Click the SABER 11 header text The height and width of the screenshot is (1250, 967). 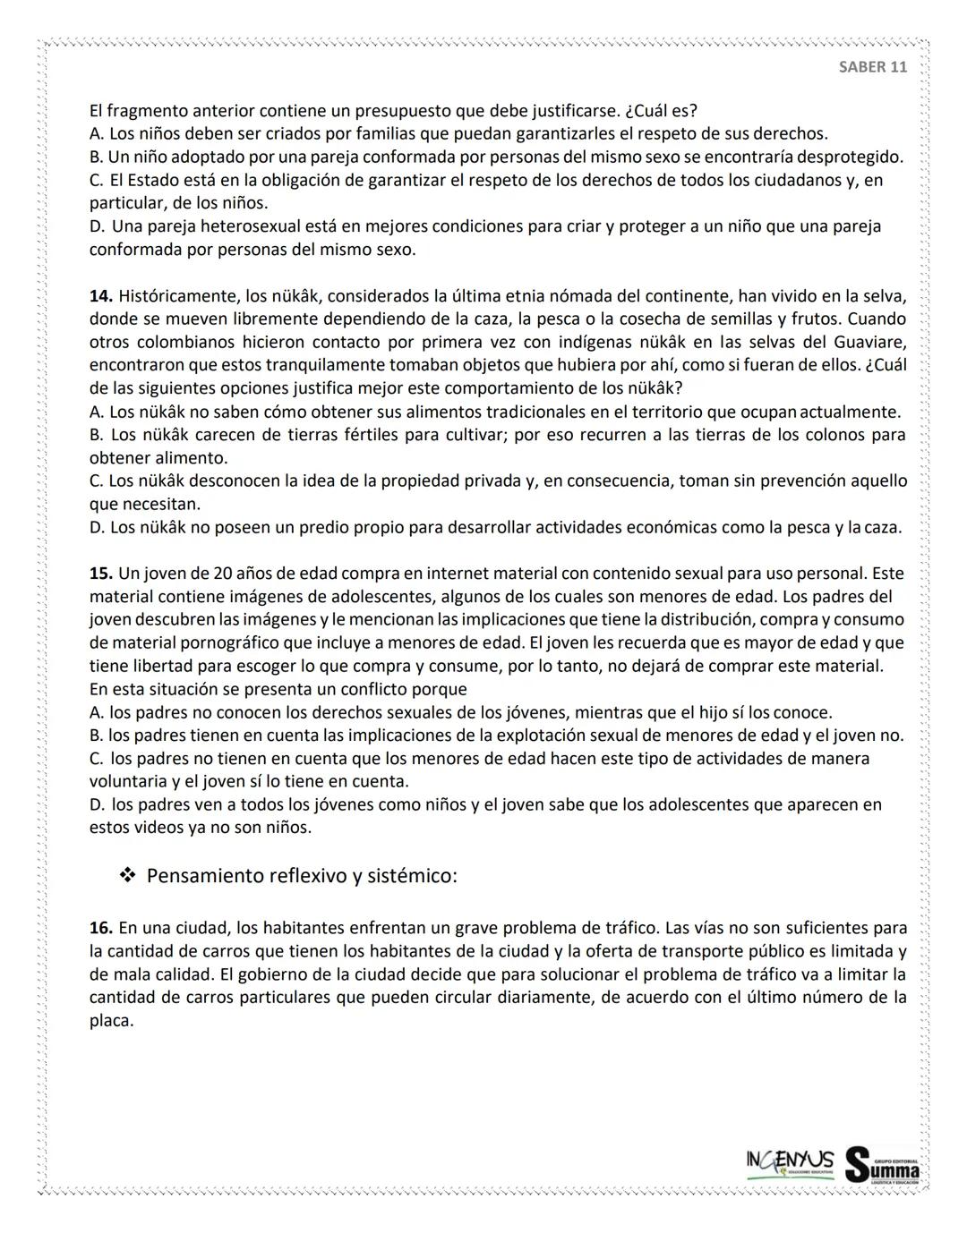tap(873, 67)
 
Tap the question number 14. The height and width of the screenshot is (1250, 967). tap(100, 296)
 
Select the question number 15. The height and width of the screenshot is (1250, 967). tap(100, 574)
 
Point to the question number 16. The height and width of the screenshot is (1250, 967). tap(100, 928)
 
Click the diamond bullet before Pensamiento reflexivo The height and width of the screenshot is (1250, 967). tap(126, 875)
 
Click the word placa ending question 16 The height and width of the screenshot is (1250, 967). tap(110, 1021)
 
